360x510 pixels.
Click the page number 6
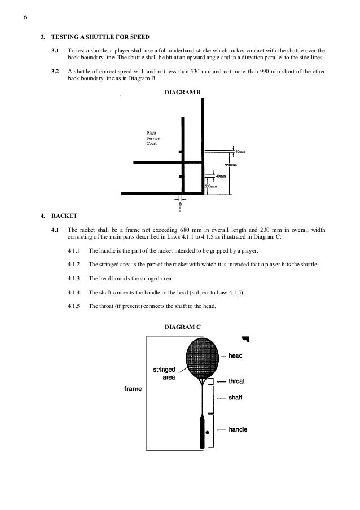(x=25, y=16)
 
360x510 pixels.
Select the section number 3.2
(x=55, y=72)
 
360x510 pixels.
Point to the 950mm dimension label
(x=231, y=165)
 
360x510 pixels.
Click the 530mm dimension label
(x=210, y=186)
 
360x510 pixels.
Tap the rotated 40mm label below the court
(x=181, y=206)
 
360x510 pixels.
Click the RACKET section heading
(x=62, y=216)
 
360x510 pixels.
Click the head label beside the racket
(x=235, y=356)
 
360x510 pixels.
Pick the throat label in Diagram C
(x=237, y=381)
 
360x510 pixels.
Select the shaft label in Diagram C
(x=235, y=398)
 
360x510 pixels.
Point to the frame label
(x=133, y=389)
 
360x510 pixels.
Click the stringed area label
(x=165, y=373)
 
